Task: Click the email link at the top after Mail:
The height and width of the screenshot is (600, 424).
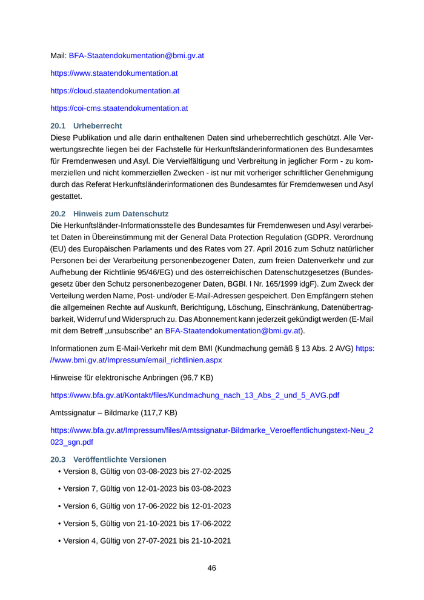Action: pyautogui.click(x=136, y=55)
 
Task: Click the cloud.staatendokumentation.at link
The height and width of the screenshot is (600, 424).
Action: pyautogui.click(x=114, y=90)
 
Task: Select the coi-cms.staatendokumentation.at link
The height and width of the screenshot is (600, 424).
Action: pyautogui.click(x=119, y=108)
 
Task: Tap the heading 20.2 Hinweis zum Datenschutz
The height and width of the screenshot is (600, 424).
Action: pyautogui.click(x=109, y=213)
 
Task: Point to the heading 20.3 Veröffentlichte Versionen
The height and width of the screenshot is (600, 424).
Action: pyautogui.click(x=108, y=459)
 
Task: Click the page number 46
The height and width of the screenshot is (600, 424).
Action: pyautogui.click(x=212, y=568)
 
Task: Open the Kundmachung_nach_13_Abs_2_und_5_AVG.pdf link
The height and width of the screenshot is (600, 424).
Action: pyautogui.click(x=194, y=395)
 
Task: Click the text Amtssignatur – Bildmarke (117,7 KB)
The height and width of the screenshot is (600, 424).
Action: pyautogui.click(x=114, y=413)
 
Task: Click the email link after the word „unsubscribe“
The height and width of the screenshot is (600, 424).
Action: pyautogui.click(x=233, y=331)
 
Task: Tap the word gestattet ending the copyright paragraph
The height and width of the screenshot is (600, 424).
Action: pyautogui.click(x=65, y=196)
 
